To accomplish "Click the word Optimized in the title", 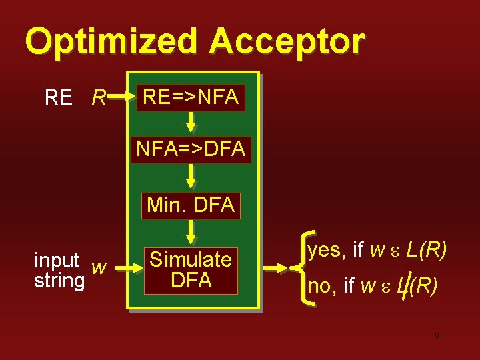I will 111,41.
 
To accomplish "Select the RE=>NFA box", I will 191,97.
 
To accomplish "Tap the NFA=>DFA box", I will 191,149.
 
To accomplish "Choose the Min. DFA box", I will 191,205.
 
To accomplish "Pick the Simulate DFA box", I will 191,269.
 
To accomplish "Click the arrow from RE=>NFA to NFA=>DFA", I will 191,121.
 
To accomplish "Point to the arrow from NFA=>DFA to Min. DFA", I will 191,175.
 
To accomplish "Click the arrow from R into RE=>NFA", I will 122,97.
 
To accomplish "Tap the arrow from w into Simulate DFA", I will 127,269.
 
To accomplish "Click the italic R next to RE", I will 99,99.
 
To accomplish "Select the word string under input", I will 59,280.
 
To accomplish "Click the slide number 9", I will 437,336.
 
